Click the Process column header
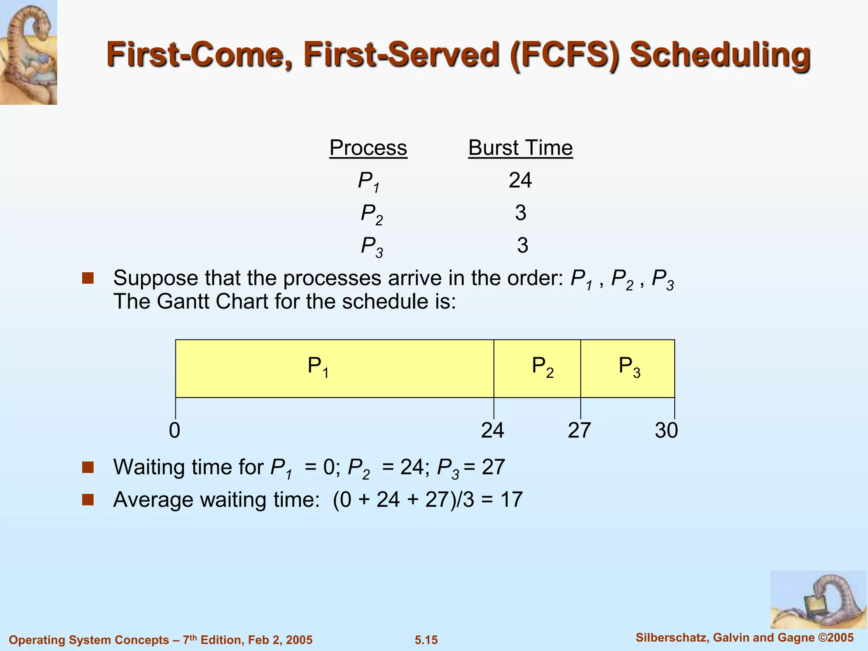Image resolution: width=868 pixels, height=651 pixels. tap(368, 148)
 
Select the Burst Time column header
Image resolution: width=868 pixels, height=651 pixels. tap(520, 148)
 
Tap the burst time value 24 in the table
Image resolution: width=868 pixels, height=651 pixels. tap(520, 181)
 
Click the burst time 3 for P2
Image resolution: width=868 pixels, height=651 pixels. tap(520, 213)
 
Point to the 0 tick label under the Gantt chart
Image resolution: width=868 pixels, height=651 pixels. tap(175, 431)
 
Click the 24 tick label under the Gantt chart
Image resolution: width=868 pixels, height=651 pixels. tap(492, 431)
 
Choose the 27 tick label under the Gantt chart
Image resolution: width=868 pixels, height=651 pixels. tap(579, 431)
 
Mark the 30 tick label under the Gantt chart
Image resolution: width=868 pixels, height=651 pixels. tap(666, 431)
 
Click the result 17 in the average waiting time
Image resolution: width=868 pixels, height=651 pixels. tap(512, 500)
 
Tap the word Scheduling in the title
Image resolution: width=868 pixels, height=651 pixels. tap(720, 55)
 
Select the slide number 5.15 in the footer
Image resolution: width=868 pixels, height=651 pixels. tap(426, 640)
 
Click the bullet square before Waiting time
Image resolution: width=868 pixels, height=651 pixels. tap(88, 467)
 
